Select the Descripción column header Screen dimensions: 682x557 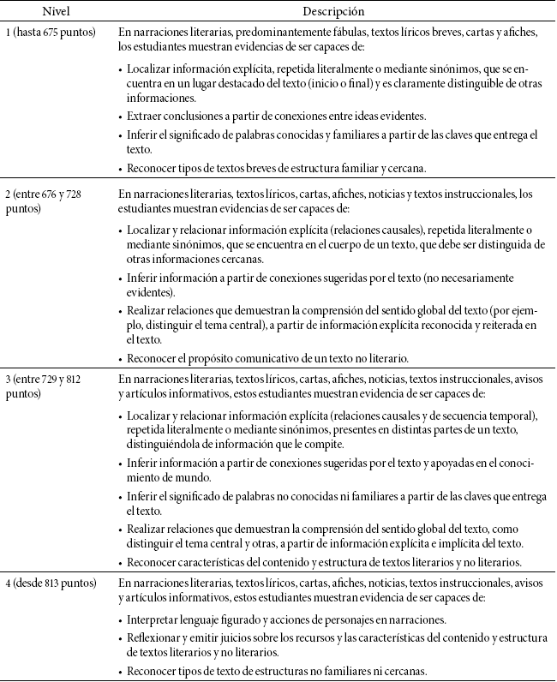(x=333, y=12)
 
